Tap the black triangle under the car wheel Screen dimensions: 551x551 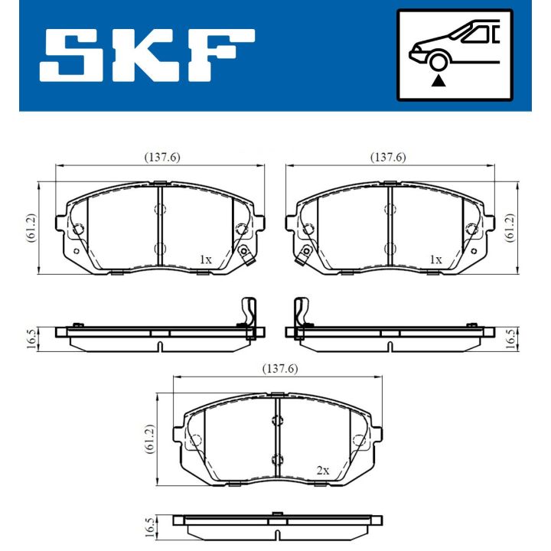[439, 79]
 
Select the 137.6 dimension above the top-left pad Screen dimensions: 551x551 [161, 157]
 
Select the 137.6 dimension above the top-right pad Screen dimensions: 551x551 [388, 157]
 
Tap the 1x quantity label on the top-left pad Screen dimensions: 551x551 [204, 260]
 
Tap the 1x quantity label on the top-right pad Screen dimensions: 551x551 [435, 260]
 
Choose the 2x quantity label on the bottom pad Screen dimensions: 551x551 [322, 471]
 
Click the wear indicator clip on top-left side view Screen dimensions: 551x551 [248, 314]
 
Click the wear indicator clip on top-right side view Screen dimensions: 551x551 [301, 314]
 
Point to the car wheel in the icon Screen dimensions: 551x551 [439, 62]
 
